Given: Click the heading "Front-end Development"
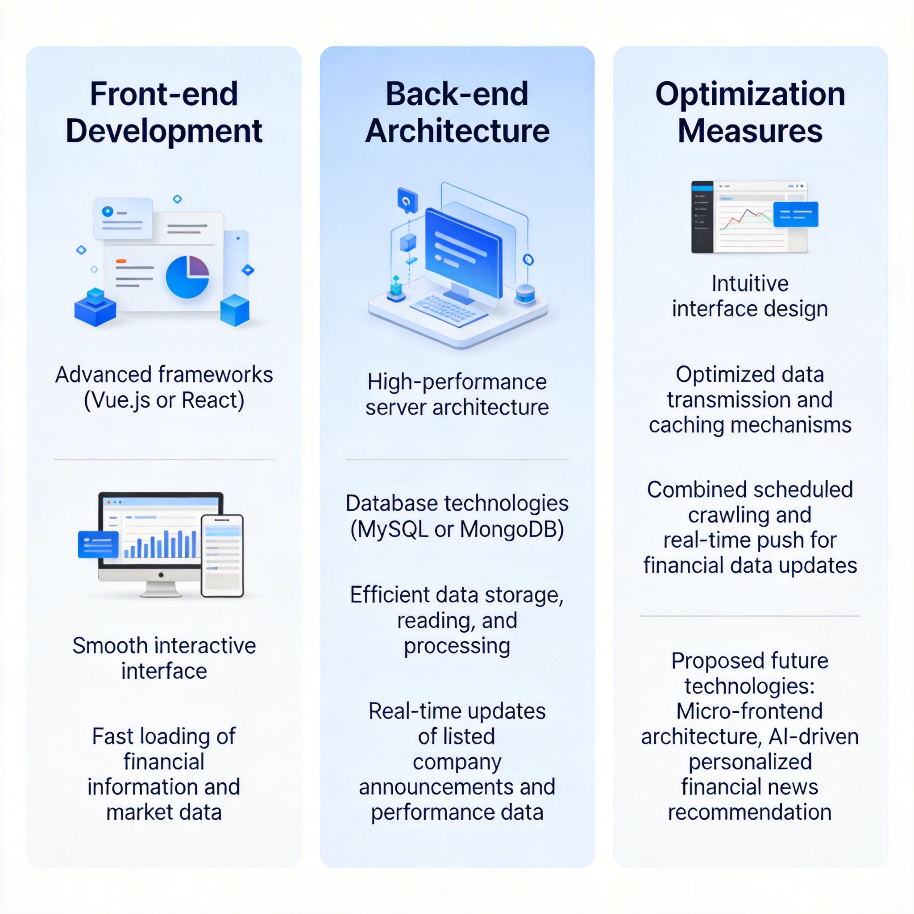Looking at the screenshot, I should [x=164, y=112].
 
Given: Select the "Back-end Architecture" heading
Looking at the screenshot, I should [x=457, y=112].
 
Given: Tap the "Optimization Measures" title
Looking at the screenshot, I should [x=750, y=112].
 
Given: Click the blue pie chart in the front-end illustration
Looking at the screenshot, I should [x=187, y=277].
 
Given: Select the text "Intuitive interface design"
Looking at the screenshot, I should [x=750, y=296].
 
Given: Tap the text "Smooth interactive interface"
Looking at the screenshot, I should [x=164, y=658].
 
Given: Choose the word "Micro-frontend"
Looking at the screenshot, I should [x=749, y=711].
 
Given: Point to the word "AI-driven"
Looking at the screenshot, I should [x=813, y=736].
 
